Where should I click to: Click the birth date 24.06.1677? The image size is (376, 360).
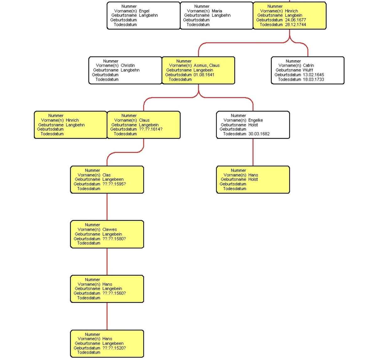(295, 20)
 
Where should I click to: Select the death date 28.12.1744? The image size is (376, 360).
(295, 24)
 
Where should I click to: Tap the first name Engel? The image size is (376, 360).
(144, 11)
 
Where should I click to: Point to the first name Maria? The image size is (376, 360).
(217, 11)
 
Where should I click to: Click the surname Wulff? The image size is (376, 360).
(308, 70)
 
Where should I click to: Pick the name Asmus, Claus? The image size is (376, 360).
(206, 65)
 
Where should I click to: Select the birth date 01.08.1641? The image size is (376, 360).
(204, 75)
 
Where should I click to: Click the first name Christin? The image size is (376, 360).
(128, 65)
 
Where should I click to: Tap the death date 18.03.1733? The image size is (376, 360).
(313, 79)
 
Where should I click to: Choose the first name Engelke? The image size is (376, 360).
(255, 120)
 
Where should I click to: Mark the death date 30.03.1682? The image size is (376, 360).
(259, 134)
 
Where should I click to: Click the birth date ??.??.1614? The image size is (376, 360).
(151, 129)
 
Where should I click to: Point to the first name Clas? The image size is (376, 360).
(107, 175)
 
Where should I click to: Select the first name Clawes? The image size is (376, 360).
(110, 229)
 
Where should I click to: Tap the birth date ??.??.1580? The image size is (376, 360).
(114, 239)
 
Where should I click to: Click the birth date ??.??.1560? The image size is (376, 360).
(114, 293)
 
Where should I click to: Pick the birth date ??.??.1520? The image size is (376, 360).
(114, 348)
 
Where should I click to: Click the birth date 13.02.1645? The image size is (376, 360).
(313, 75)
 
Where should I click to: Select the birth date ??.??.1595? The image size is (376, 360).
(114, 184)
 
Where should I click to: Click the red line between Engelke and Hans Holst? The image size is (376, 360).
(253, 152)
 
